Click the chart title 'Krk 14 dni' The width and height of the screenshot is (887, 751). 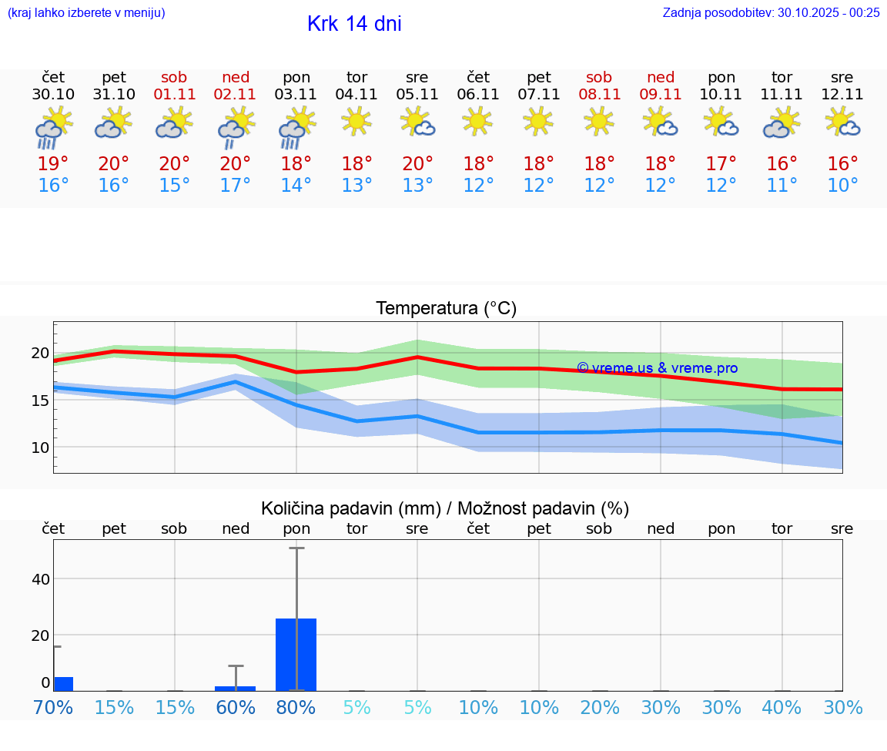tap(354, 24)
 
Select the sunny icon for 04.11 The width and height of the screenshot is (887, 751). tap(356, 121)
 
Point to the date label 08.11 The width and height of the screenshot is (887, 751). tap(599, 95)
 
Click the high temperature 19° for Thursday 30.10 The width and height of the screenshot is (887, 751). tap(53, 164)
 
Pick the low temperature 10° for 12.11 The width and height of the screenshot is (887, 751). tap(842, 186)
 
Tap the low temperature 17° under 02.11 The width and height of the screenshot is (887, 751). tap(236, 186)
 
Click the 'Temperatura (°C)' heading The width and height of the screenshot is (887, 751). tap(446, 309)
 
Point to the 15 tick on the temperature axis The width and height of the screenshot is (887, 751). tap(40, 401)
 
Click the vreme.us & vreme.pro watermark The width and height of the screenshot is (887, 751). tap(657, 368)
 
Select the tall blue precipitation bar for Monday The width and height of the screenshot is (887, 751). tap(296, 654)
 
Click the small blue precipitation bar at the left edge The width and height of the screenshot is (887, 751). tap(63, 683)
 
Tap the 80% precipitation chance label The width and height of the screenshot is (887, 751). tap(296, 708)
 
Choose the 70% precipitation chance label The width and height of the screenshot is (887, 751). tap(53, 708)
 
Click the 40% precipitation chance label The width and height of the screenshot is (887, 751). tap(782, 708)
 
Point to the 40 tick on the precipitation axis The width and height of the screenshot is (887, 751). tap(41, 578)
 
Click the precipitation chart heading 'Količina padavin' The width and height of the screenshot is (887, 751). tap(445, 508)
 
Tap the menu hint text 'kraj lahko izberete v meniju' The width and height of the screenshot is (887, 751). tap(85, 12)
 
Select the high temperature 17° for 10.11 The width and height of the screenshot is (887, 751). tap(721, 164)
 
